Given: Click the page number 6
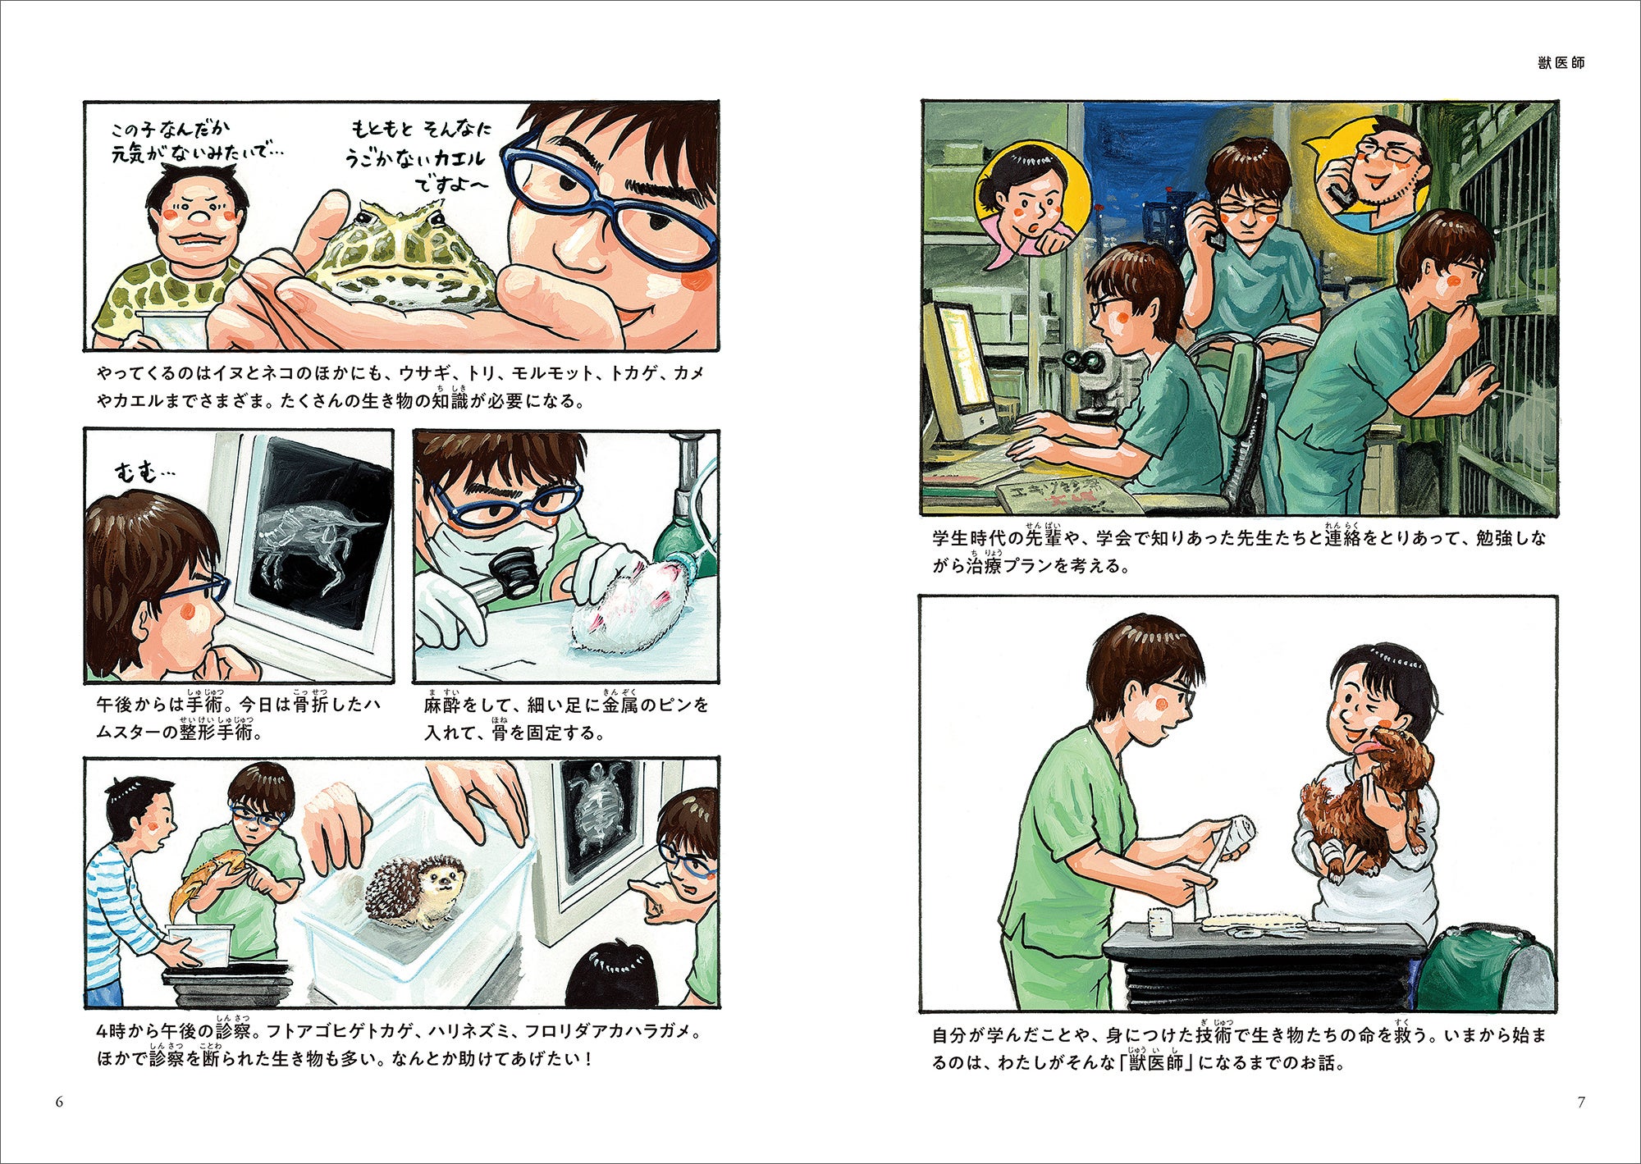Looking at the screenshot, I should click(59, 1102).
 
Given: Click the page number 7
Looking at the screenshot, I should click(1581, 1102).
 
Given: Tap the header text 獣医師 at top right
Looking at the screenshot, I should click(1561, 63).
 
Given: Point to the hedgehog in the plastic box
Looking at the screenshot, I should click(408, 892).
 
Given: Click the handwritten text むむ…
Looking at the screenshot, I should click(146, 472).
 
